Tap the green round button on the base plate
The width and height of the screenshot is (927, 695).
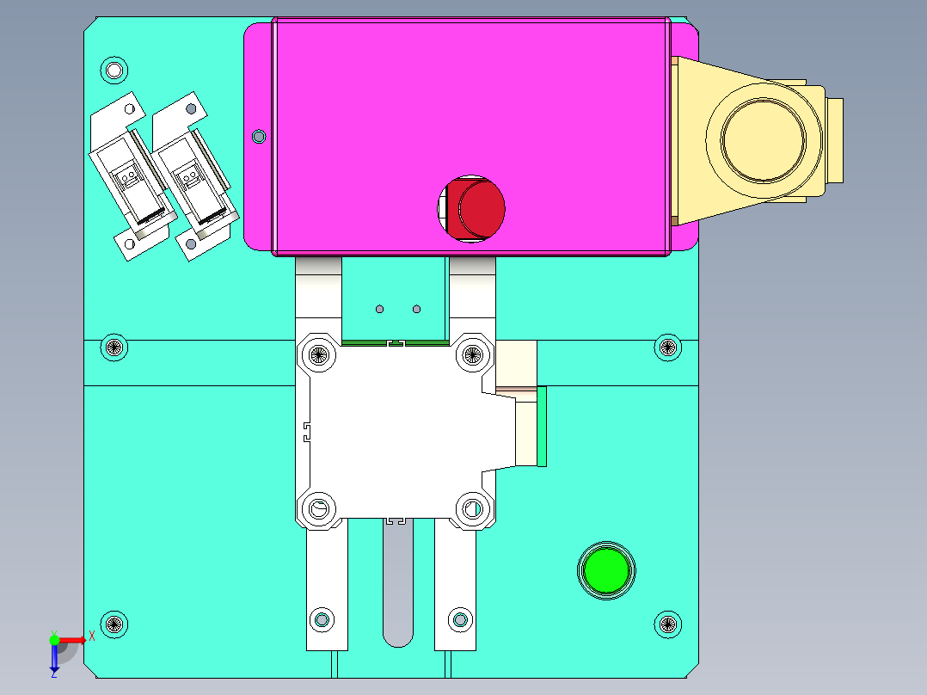click(606, 569)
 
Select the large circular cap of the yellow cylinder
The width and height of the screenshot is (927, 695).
click(763, 139)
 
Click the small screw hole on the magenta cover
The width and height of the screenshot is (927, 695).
click(258, 136)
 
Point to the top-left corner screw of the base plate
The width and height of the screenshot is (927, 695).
click(114, 69)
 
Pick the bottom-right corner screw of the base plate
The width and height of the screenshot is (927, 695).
click(668, 624)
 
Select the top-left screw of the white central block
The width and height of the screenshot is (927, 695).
click(320, 353)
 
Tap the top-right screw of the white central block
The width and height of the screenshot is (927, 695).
click(470, 353)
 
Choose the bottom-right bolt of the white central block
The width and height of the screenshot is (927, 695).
click(470, 508)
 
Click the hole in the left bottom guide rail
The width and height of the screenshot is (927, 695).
click(322, 619)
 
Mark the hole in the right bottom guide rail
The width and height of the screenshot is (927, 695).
click(460, 619)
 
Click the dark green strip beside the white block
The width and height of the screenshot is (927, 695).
click(542, 426)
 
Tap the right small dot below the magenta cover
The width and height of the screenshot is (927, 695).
click(417, 308)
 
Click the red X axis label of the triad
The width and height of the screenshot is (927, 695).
click(91, 637)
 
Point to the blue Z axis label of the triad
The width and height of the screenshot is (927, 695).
click(53, 673)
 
